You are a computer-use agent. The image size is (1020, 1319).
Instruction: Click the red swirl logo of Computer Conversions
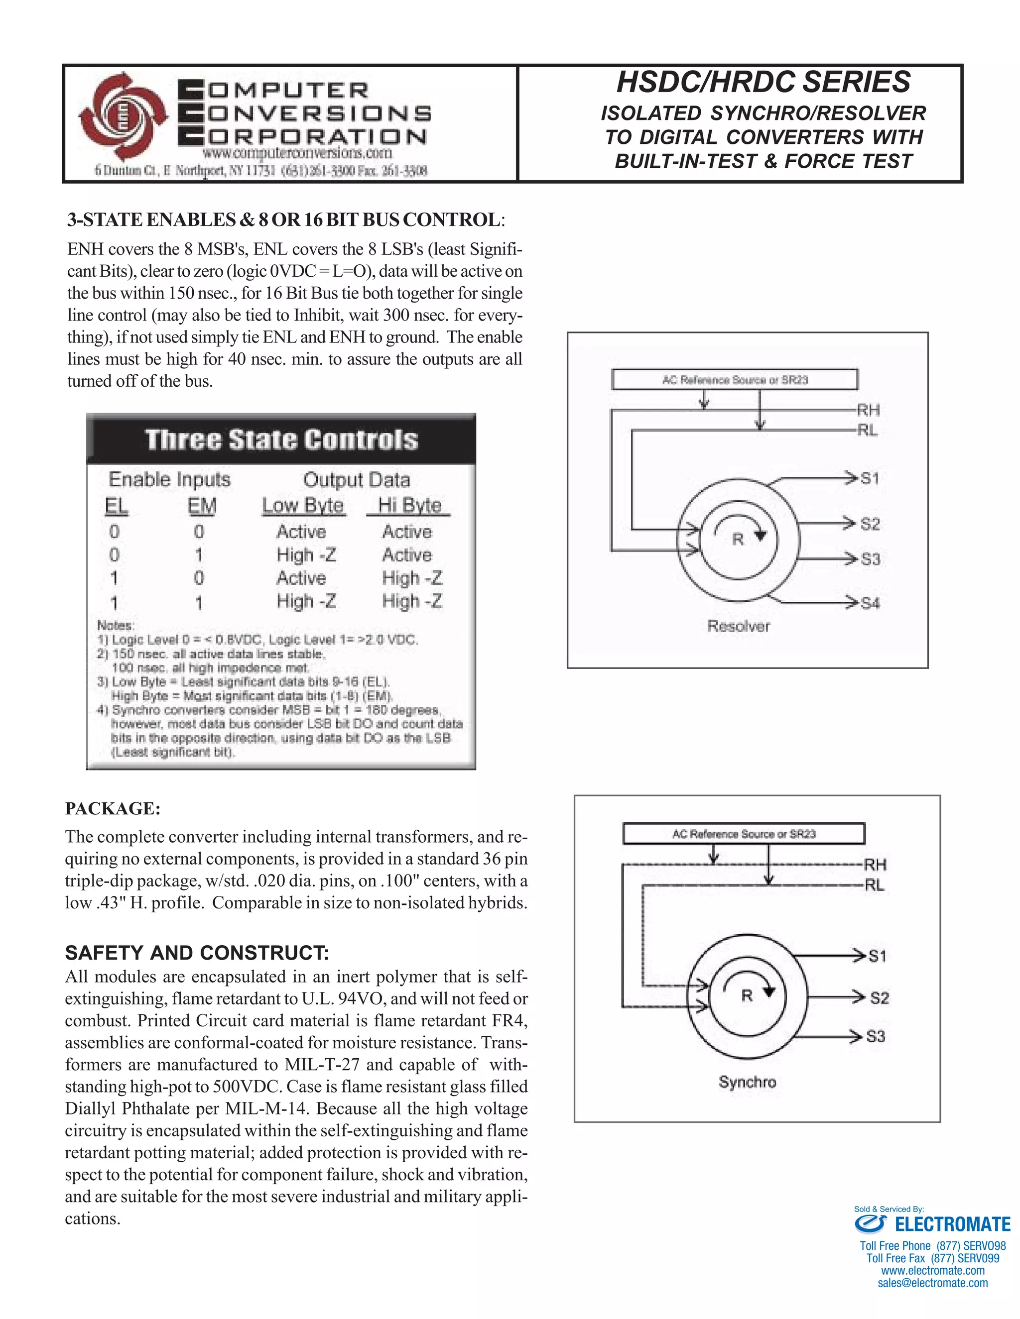(x=124, y=116)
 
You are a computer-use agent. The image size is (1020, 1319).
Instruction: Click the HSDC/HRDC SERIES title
(x=763, y=82)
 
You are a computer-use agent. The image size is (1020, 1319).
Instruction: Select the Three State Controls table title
(x=281, y=440)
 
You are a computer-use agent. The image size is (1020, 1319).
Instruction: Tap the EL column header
(x=116, y=506)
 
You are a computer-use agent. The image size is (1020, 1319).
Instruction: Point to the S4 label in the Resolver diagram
(x=870, y=603)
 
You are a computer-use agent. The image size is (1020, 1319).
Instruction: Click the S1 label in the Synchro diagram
(x=877, y=956)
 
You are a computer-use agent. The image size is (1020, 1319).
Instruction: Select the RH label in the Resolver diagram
(x=868, y=411)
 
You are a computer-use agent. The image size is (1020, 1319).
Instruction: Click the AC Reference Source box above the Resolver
(x=735, y=380)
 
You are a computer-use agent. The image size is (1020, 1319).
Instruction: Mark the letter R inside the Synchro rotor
(x=747, y=996)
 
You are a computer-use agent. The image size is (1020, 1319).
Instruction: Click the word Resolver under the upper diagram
(x=739, y=626)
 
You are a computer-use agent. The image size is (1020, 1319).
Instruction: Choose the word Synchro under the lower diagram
(x=747, y=1082)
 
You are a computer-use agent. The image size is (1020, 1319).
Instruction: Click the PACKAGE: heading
(x=113, y=809)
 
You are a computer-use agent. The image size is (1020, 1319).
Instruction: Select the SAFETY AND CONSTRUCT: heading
(x=197, y=953)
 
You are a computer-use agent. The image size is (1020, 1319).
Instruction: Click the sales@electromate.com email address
(x=932, y=1283)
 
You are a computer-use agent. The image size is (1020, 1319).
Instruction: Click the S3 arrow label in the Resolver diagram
(x=870, y=559)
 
